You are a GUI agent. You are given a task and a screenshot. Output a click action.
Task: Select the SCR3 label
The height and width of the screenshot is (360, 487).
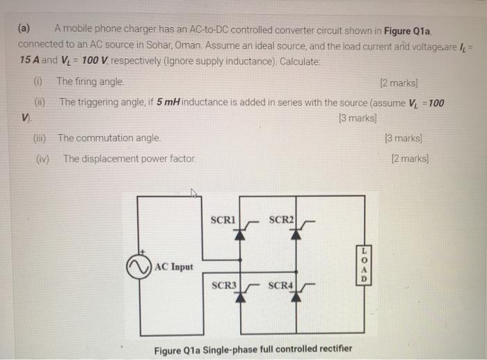pos(224,285)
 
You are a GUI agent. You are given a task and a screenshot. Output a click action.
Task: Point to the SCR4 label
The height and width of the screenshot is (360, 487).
pos(281,285)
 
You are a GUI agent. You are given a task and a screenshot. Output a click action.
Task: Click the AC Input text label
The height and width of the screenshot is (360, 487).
pos(174,266)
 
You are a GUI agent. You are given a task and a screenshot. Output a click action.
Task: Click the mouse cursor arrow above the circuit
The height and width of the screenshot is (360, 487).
pos(195,194)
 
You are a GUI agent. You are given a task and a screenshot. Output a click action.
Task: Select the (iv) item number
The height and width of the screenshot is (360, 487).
pos(42,158)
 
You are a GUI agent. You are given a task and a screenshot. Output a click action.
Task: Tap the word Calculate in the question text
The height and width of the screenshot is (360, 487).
pos(300,61)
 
